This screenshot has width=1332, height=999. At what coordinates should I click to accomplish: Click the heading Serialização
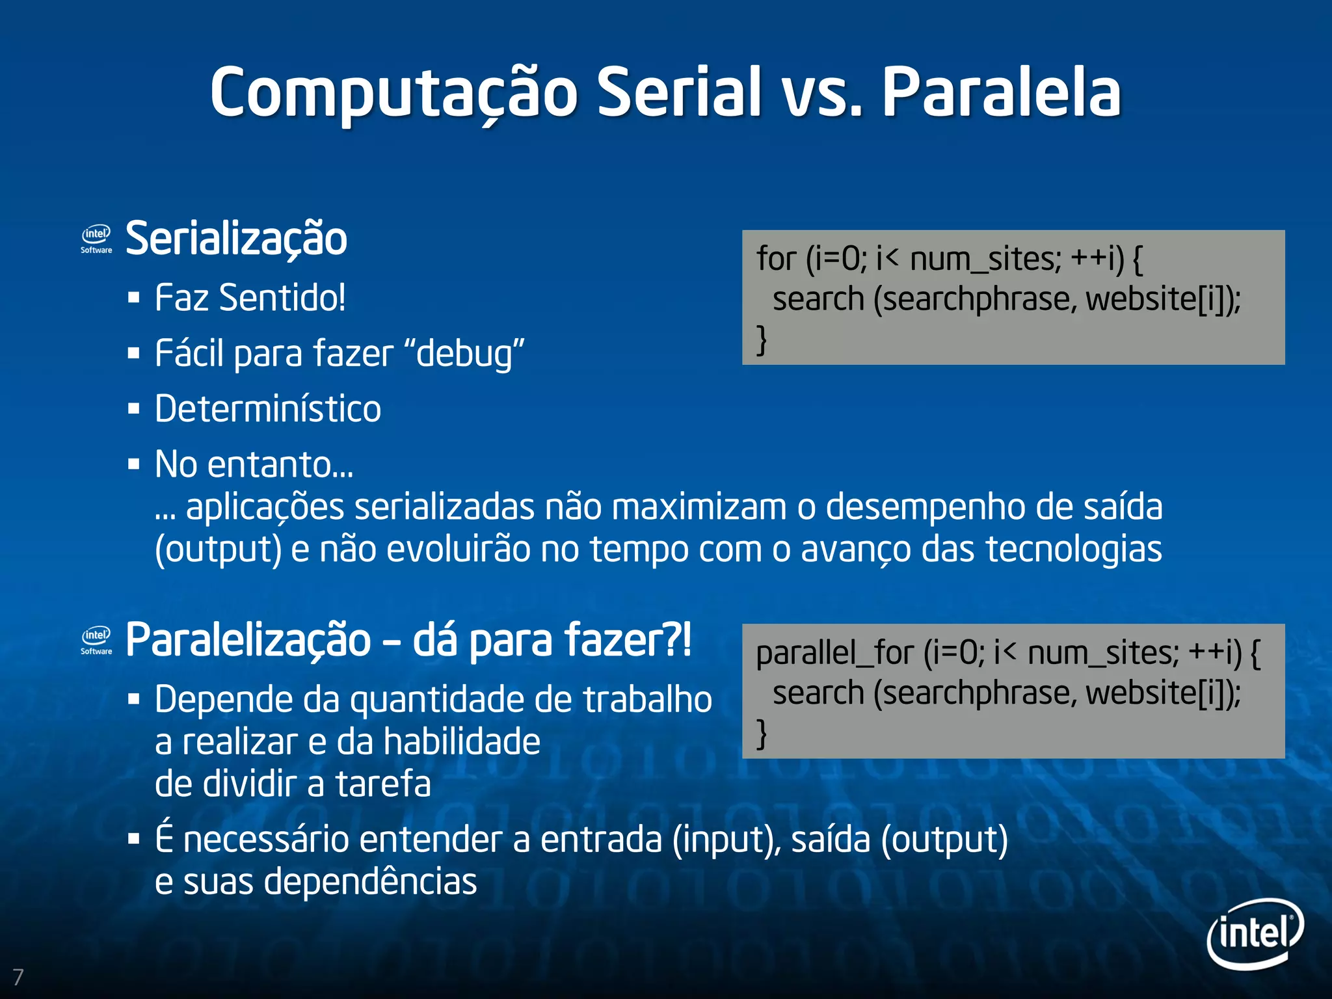[x=236, y=239]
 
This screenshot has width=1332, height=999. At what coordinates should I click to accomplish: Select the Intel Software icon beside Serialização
[x=96, y=239]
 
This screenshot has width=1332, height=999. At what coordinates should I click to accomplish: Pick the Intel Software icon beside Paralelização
[x=96, y=640]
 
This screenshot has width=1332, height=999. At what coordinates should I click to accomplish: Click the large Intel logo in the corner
[x=1255, y=933]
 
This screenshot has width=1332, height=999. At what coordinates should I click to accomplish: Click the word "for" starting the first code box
[x=776, y=259]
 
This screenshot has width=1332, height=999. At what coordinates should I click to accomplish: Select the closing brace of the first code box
[x=762, y=340]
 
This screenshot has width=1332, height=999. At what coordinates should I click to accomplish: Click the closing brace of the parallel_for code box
[x=762, y=734]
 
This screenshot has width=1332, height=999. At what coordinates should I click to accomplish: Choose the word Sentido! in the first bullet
[x=282, y=298]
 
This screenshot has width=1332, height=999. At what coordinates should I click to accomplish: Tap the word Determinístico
[x=268, y=409]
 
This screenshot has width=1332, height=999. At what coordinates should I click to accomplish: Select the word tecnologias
[x=1074, y=549]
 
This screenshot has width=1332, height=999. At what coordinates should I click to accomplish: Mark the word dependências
[x=370, y=882]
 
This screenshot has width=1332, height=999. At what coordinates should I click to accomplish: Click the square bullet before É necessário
[x=134, y=840]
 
